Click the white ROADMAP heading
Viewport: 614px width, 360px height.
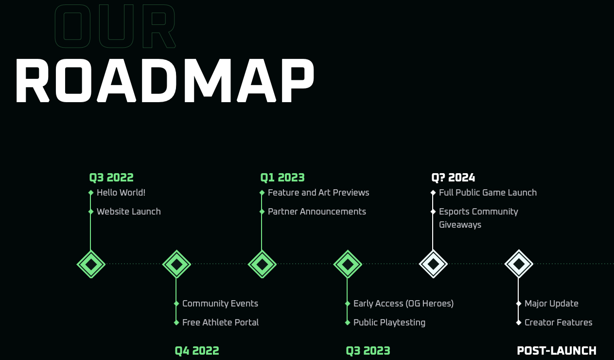pos(165,81)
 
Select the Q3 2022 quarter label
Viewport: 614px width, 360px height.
pos(111,178)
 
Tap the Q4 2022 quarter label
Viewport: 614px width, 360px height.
pos(197,351)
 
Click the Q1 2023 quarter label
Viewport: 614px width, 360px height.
pos(282,178)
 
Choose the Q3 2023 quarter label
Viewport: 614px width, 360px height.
pos(368,351)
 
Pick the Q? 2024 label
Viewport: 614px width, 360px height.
pos(453,178)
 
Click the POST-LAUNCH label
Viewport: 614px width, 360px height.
pos(557,351)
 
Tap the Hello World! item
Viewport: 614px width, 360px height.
pos(121,193)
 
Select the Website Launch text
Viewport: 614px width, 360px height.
pos(128,212)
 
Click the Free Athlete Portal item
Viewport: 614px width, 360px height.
pos(220,323)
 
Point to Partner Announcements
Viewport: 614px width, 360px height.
pos(317,212)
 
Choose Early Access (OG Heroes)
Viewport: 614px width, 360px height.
pos(403,304)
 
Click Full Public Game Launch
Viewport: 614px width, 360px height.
pos(488,193)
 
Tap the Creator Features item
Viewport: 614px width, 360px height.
pos(559,323)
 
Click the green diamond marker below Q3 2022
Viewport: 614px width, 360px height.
pos(91,264)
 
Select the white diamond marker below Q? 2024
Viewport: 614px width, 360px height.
pos(433,264)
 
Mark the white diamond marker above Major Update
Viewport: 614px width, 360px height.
pos(519,264)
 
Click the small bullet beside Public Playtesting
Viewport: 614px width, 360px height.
pos(347,323)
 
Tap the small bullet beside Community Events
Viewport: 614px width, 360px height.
pos(176,304)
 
